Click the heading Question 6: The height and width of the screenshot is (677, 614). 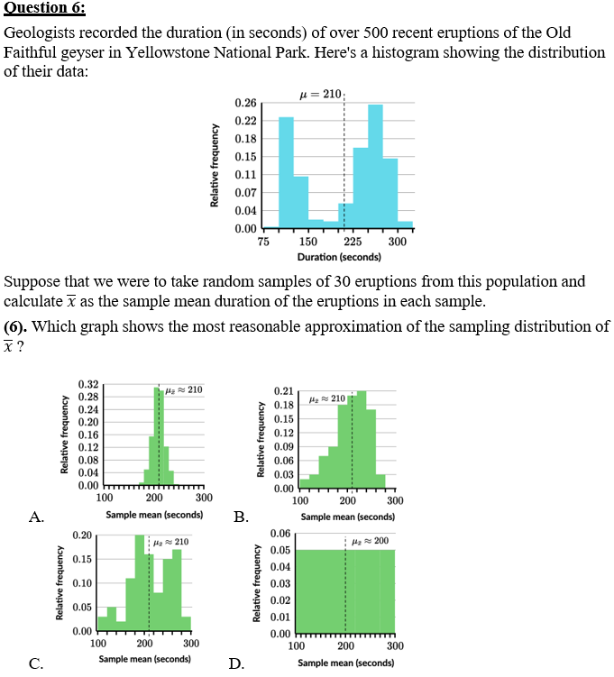click(x=45, y=9)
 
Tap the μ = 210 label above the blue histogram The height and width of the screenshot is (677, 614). click(x=321, y=94)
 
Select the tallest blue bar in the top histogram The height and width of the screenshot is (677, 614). click(x=375, y=162)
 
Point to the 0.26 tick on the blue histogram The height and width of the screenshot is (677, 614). click(x=244, y=105)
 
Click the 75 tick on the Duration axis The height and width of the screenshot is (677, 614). click(x=263, y=242)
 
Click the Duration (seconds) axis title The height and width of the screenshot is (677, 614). click(x=338, y=257)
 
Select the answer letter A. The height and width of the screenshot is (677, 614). click(x=36, y=517)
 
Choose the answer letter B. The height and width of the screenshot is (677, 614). click(x=241, y=517)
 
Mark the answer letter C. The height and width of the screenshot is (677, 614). click(x=36, y=664)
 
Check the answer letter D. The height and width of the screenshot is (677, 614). click(x=236, y=664)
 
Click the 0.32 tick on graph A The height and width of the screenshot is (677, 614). click(x=88, y=385)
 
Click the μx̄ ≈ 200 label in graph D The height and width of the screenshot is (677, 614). click(x=371, y=541)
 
